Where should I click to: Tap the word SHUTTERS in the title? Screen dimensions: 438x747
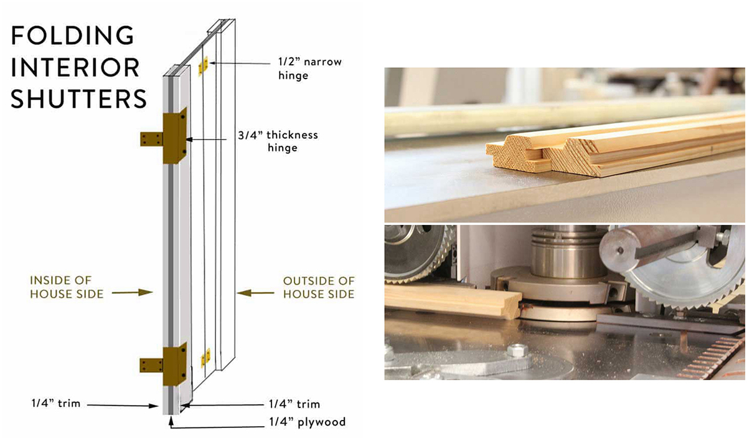click(79, 99)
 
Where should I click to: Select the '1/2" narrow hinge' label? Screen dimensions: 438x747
click(309, 69)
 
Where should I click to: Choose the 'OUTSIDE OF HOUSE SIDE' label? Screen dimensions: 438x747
click(319, 287)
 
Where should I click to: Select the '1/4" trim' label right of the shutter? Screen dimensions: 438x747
click(294, 404)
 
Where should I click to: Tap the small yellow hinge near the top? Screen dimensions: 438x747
click(203, 65)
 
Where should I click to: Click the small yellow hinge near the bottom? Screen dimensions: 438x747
click(205, 358)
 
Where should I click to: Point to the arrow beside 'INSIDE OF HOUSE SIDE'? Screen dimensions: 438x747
click(143, 292)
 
